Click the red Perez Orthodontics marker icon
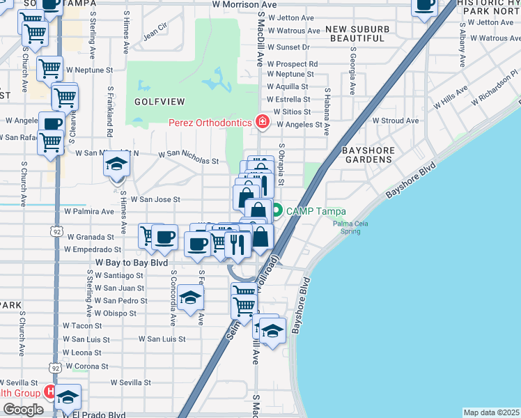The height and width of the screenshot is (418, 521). [x=263, y=123]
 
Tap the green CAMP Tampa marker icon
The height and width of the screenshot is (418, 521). [x=277, y=209]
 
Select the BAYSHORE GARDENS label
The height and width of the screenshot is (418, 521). [x=368, y=155]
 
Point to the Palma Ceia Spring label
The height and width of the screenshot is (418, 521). [x=350, y=228]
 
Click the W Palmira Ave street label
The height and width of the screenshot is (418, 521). [x=88, y=211]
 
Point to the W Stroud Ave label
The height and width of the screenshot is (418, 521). [x=396, y=121]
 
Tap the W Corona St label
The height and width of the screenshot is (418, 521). [x=86, y=366]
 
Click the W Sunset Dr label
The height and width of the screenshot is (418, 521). [x=288, y=47]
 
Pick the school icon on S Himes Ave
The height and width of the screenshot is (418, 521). [x=117, y=166]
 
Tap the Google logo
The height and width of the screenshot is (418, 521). [x=23, y=410]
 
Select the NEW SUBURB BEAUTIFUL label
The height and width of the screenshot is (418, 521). [x=356, y=33]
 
